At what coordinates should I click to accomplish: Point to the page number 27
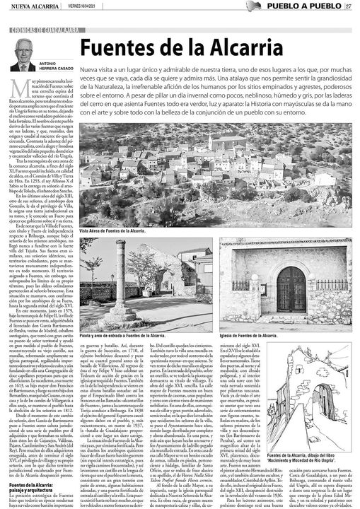pos(349,7)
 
